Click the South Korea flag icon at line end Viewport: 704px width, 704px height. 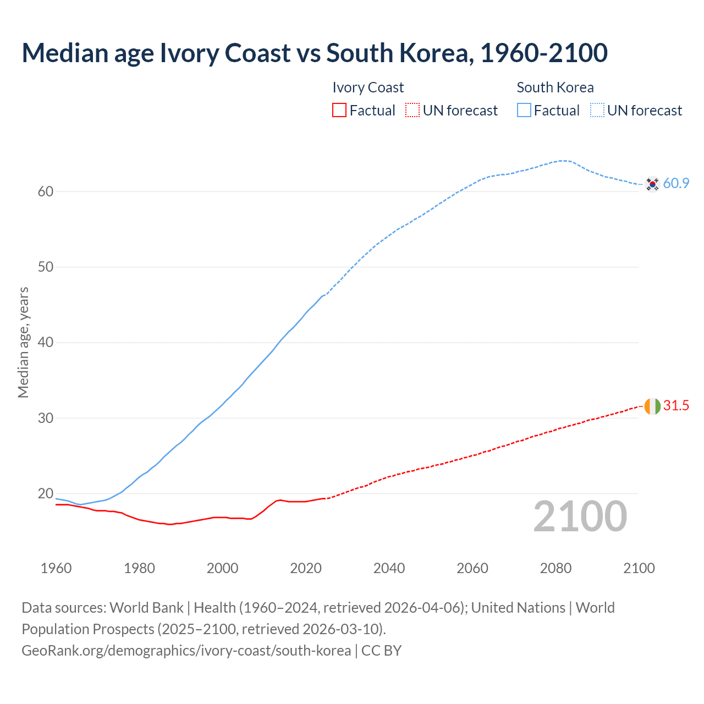point(652,184)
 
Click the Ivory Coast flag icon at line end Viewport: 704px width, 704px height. point(652,406)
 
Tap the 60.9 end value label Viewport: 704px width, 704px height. point(676,184)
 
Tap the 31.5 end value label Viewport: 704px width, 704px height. point(676,406)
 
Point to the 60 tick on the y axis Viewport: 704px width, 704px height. point(46,191)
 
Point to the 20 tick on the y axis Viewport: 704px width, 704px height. point(46,493)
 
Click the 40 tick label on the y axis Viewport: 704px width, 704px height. point(46,343)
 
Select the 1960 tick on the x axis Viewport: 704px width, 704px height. point(56,568)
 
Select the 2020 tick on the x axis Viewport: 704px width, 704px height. point(306,568)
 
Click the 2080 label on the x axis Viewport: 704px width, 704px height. point(555,568)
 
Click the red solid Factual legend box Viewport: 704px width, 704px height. point(339,111)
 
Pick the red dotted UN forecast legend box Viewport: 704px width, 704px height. point(413,111)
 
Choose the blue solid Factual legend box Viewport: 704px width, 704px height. point(524,111)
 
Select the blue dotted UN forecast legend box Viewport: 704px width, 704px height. point(597,111)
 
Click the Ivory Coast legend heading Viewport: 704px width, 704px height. point(368,87)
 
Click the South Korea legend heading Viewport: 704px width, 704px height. point(555,87)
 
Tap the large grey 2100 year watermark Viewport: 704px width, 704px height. point(580,516)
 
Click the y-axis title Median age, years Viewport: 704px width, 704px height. point(23,342)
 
